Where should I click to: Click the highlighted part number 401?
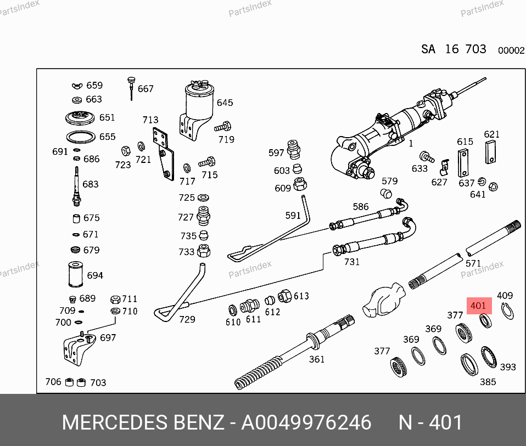click(x=478, y=306)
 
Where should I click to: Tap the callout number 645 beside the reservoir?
click(x=225, y=103)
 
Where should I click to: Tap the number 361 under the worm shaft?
click(x=316, y=359)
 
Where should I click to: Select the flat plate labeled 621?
click(x=490, y=151)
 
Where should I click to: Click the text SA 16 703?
click(x=454, y=49)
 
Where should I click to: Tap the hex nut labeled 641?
click(x=493, y=186)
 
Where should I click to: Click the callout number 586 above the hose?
click(x=361, y=207)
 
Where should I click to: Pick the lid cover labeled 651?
click(x=77, y=117)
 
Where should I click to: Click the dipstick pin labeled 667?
click(x=131, y=88)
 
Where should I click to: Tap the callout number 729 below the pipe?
click(x=187, y=319)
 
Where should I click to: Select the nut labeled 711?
click(x=115, y=299)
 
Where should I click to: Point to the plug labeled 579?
click(x=385, y=193)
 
